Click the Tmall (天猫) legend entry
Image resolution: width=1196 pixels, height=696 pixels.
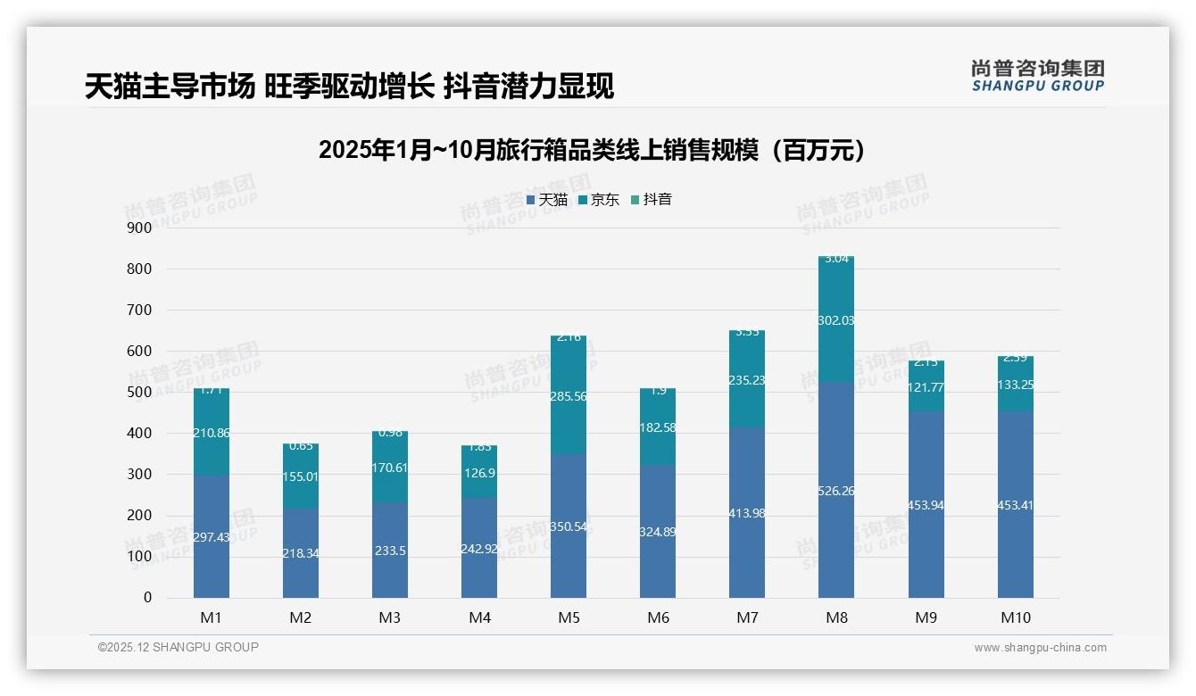(x=547, y=200)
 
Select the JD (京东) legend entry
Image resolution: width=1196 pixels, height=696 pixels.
(x=599, y=200)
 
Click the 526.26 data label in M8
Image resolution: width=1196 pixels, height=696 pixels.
(x=835, y=491)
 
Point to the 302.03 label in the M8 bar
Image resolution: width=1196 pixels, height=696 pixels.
(x=835, y=320)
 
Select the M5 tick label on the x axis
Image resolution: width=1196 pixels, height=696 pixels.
(x=568, y=617)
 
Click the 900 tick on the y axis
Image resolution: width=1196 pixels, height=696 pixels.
(x=139, y=228)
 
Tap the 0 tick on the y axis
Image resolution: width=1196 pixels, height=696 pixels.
(x=147, y=598)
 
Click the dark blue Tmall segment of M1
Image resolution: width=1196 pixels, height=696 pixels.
(x=212, y=553)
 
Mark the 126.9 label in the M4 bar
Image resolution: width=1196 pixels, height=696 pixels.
(x=479, y=473)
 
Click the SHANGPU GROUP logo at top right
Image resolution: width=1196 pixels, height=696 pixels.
(x=1037, y=76)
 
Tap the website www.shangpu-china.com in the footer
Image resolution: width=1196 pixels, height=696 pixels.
(x=1040, y=648)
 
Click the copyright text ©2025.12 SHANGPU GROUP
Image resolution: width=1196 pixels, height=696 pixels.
(x=179, y=647)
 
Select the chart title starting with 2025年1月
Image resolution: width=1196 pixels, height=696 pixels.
(x=592, y=150)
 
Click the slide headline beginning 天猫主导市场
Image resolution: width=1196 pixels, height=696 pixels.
(x=349, y=87)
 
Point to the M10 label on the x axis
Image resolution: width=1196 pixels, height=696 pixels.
(x=1015, y=617)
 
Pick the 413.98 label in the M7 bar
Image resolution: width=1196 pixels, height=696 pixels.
(x=746, y=513)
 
